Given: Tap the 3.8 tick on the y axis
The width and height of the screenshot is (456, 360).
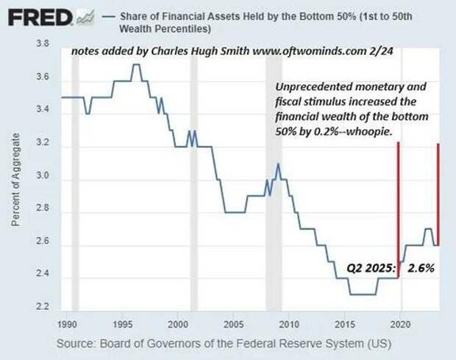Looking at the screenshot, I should pos(43,45).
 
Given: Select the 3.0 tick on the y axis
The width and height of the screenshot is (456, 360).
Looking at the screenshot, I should pos(43,180).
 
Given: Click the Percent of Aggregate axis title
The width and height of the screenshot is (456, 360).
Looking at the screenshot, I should pos(15,177).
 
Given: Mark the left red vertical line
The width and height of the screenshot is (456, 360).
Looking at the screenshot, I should pos(398,206).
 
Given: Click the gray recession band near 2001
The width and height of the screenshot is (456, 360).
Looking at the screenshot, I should pos(194,177).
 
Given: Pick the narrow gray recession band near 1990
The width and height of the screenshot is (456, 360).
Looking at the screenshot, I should pos(75,177).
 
